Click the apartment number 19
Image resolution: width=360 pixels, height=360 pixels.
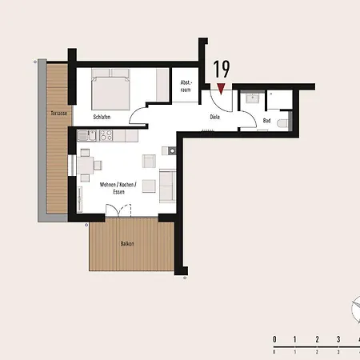pyautogui.click(x=222, y=69)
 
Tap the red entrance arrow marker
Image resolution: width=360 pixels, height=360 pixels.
pyautogui.click(x=221, y=89)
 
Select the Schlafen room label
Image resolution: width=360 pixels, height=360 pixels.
pyautogui.click(x=102, y=117)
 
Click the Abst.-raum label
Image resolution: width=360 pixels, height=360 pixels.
pyautogui.click(x=186, y=86)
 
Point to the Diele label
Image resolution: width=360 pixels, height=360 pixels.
pyautogui.click(x=215, y=117)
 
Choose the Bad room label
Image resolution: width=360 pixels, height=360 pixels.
pyautogui.click(x=266, y=121)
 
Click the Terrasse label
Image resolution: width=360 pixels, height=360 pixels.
pyautogui.click(x=59, y=114)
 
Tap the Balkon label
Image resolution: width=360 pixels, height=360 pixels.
pyautogui.click(x=127, y=243)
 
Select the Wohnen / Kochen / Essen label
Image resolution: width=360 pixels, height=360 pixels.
pyautogui.click(x=118, y=188)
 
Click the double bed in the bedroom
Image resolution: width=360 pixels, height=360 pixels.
pyautogui.click(x=110, y=90)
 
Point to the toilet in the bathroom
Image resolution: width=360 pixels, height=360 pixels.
pyautogui.click(x=282, y=123)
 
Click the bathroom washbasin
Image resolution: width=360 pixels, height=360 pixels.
pyautogui.click(x=252, y=98)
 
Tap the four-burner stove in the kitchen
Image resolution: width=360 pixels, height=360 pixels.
pyautogui.click(x=106, y=135)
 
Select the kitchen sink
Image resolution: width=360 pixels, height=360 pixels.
pyautogui.click(x=87, y=135)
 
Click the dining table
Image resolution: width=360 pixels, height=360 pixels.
pyautogui.click(x=86, y=166)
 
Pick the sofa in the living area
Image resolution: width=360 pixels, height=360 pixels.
pyautogui.click(x=167, y=186)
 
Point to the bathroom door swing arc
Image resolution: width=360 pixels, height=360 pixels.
pyautogui.click(x=250, y=118)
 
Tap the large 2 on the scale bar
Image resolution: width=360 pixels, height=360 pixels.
pyautogui.click(x=317, y=339)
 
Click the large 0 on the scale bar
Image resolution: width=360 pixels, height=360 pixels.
pyautogui.click(x=274, y=339)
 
